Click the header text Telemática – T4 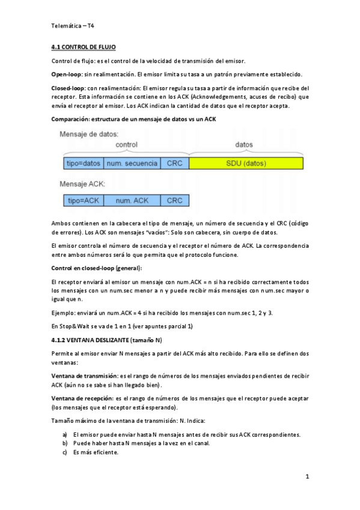(x=72, y=26)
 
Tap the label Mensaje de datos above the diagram (x=89, y=134)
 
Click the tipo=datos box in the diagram (x=83, y=163)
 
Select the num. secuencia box (x=132, y=163)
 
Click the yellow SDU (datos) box (x=246, y=163)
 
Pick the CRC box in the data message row (x=174, y=163)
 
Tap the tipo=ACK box (x=83, y=201)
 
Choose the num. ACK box (x=132, y=201)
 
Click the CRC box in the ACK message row (x=174, y=201)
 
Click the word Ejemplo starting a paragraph (x=65, y=313)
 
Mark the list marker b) (x=65, y=443)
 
